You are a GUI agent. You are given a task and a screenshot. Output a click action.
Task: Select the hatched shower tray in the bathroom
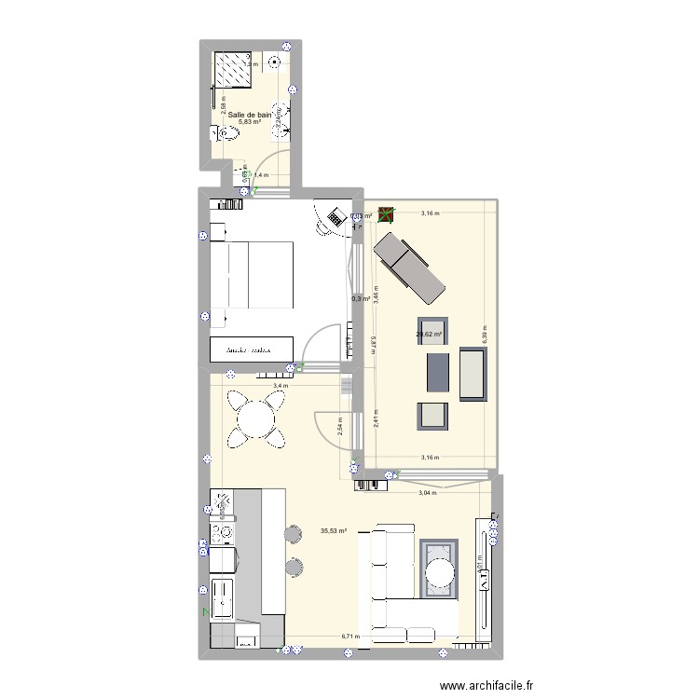pyautogui.click(x=238, y=68)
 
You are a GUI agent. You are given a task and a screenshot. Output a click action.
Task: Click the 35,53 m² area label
pyautogui.click(x=333, y=531)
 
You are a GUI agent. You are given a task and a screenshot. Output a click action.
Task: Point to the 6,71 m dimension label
pyautogui.click(x=349, y=637)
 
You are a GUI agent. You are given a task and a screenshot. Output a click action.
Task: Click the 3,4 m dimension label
pyautogui.click(x=281, y=385)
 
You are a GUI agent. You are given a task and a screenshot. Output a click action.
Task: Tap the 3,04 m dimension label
pyautogui.click(x=427, y=492)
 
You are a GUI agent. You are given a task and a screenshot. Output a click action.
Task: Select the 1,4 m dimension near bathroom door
pyautogui.click(x=261, y=174)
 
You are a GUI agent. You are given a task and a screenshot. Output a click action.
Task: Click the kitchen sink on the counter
pyautogui.click(x=224, y=597)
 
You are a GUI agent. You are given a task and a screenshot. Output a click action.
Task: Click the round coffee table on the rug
pyautogui.click(x=439, y=568)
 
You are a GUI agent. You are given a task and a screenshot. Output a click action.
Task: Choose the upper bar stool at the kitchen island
pyautogui.click(x=293, y=533)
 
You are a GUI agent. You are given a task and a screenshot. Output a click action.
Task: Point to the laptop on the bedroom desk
pyautogui.click(x=332, y=216)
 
